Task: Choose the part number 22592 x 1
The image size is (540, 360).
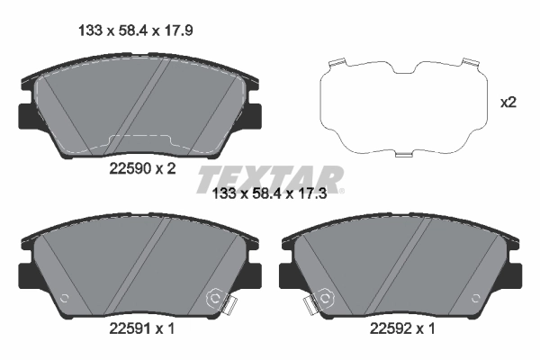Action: pyautogui.click(x=400, y=329)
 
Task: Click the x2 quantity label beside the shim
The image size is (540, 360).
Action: pyautogui.click(x=508, y=103)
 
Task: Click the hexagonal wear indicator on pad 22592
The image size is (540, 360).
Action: pyautogui.click(x=323, y=298)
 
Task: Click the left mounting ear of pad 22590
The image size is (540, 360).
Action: pyautogui.click(x=25, y=116)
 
